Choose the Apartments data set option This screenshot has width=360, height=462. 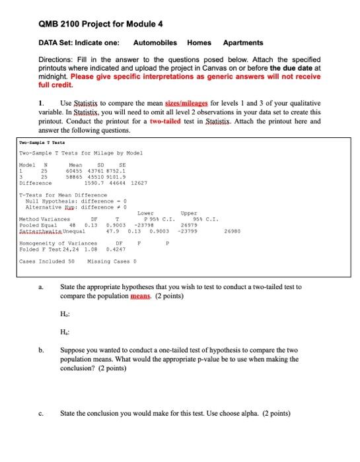(243, 42)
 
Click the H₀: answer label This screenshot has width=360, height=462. (65, 312)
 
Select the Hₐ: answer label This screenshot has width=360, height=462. (65, 332)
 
